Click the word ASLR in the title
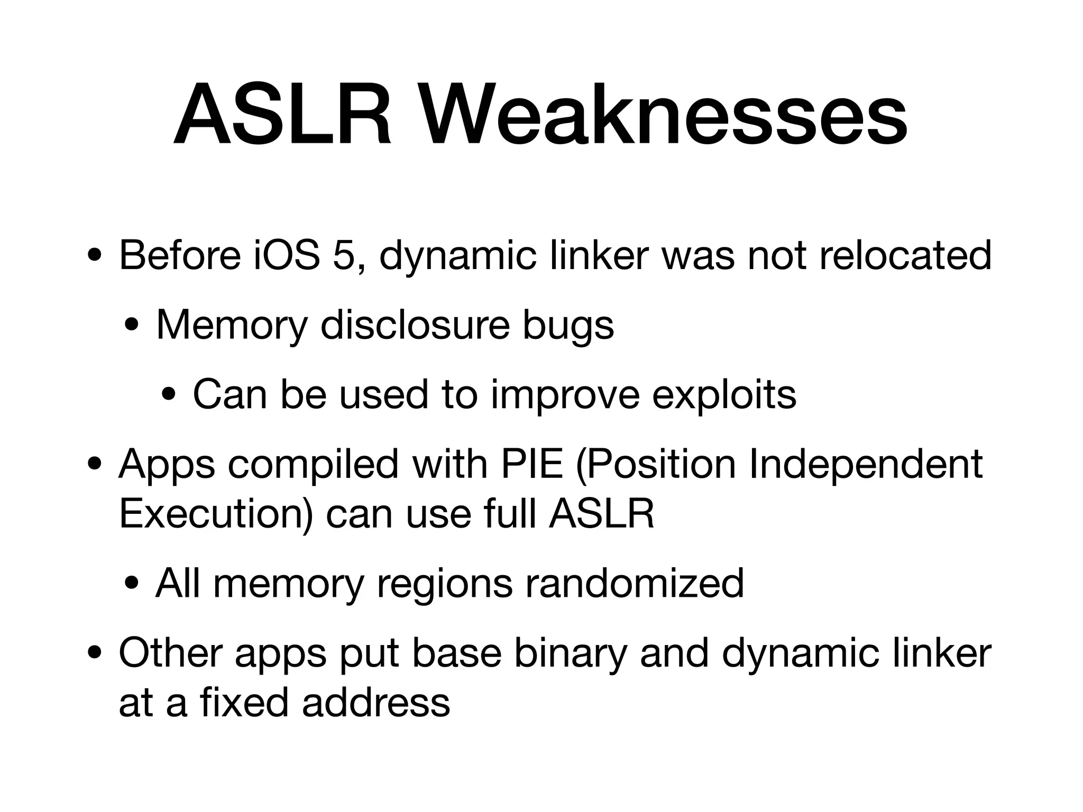(283, 115)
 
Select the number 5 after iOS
(344, 255)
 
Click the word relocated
(905, 255)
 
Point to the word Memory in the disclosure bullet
(232, 326)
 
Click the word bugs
(568, 326)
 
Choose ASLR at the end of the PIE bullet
(601, 514)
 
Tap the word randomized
(634, 583)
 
